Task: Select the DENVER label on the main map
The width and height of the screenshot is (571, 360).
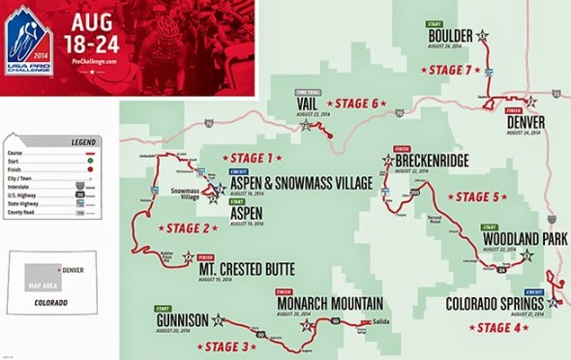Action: point(526,122)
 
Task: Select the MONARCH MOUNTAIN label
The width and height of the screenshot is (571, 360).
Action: point(328,302)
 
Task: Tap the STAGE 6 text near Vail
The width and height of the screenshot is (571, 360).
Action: point(355,104)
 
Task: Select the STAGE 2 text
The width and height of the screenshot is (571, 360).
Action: point(188,228)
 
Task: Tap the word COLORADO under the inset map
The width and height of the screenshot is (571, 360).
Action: point(45,303)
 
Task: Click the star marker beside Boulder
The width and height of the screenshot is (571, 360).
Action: point(482,37)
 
